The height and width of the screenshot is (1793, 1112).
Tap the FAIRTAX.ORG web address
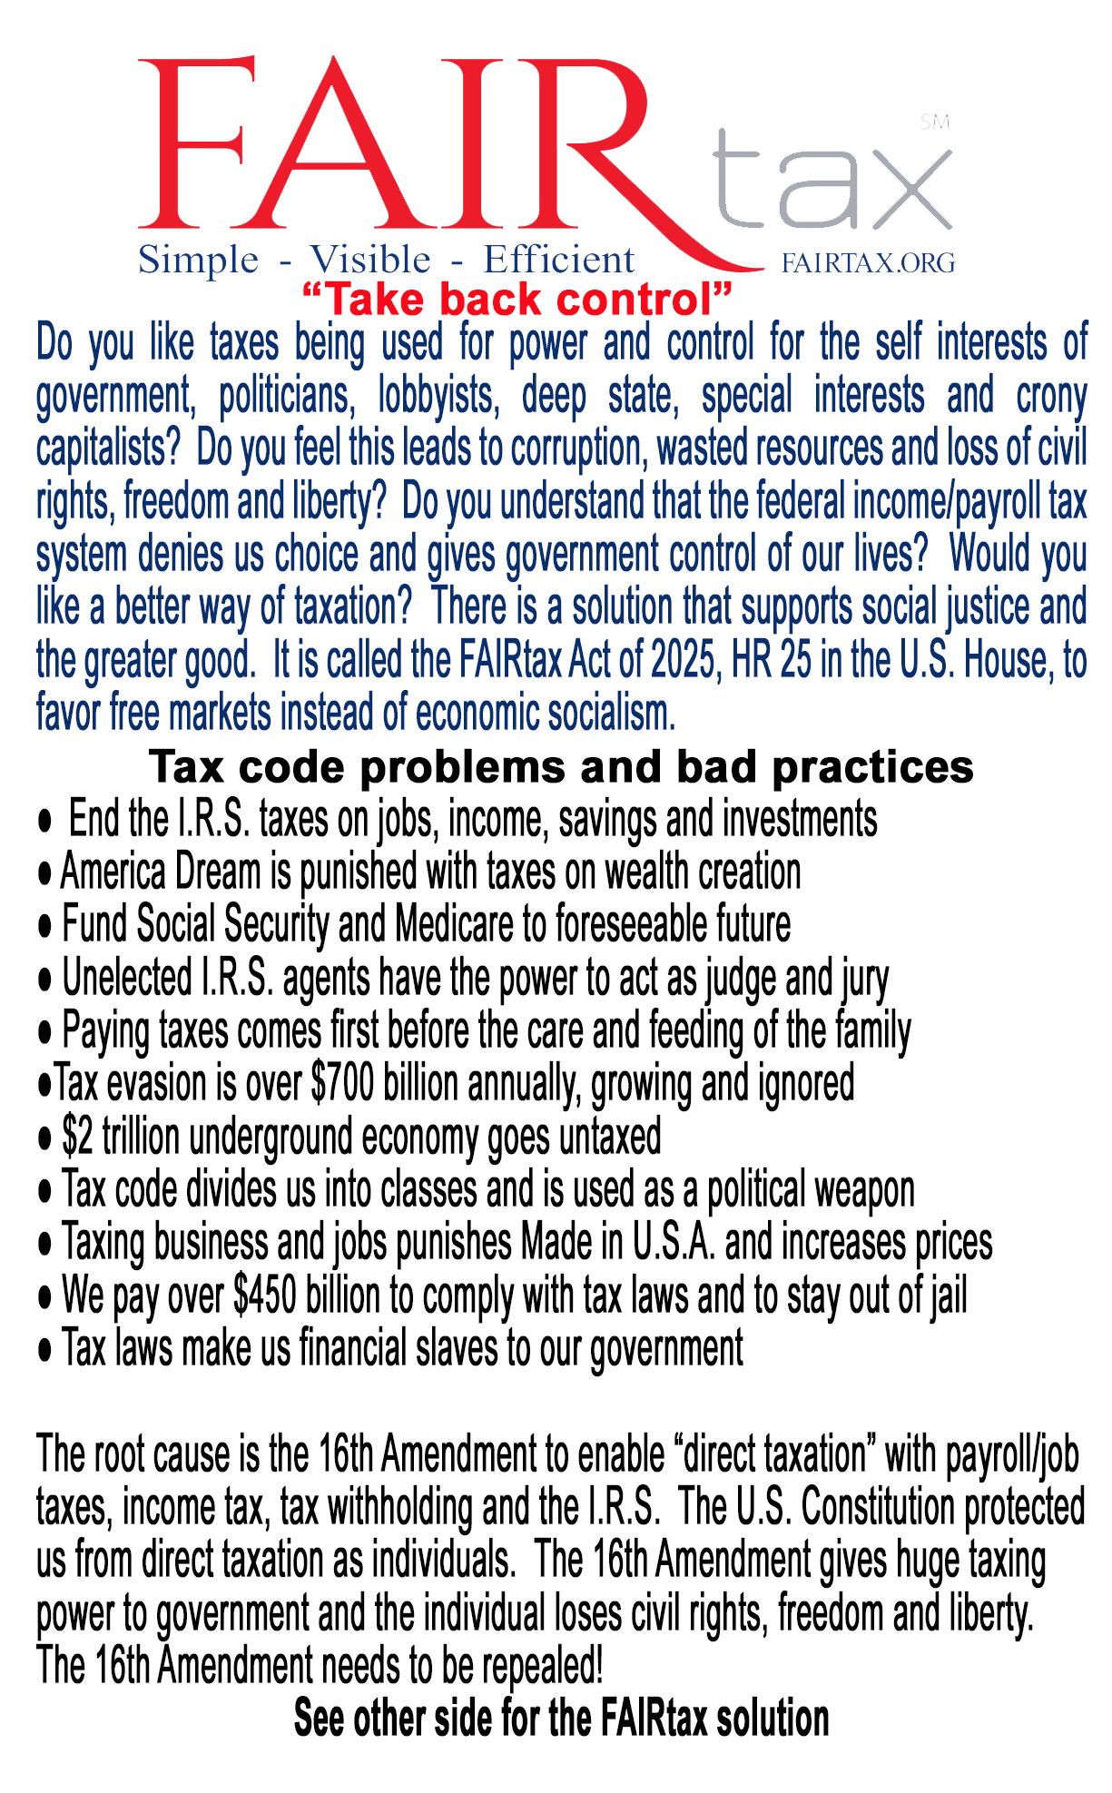[868, 263]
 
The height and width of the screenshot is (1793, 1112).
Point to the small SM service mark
[934, 122]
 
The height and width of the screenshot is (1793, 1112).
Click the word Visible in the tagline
[370, 261]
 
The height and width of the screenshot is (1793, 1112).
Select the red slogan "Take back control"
[516, 300]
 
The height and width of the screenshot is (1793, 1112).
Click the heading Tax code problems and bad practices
[561, 767]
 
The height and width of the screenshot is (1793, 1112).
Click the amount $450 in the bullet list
[264, 1295]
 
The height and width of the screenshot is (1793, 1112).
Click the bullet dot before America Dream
[44, 874]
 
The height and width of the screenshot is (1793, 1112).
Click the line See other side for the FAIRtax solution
[561, 1719]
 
